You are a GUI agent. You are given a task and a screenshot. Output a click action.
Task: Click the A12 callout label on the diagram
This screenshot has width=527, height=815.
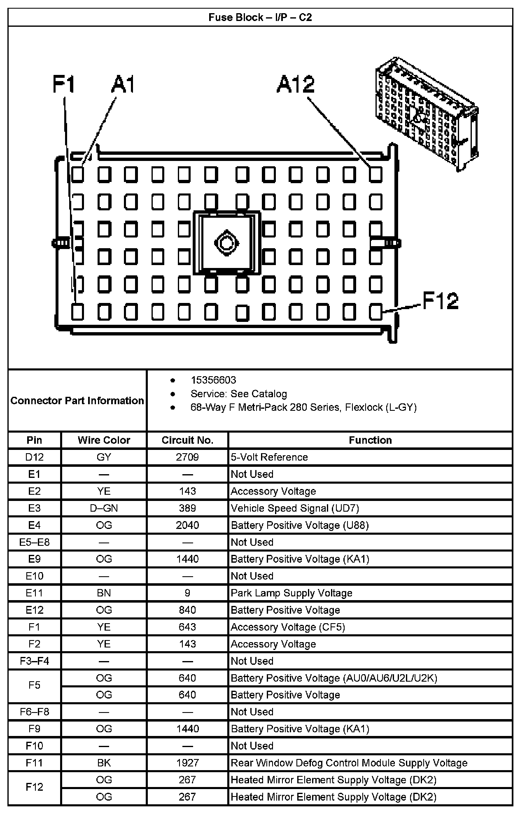coord(296,84)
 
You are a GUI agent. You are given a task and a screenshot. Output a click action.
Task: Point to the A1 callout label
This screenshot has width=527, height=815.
coord(123,84)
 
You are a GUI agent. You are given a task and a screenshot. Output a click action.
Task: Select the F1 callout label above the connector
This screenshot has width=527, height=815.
coord(64,84)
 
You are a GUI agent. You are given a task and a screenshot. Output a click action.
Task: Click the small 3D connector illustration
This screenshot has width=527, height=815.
coord(427,113)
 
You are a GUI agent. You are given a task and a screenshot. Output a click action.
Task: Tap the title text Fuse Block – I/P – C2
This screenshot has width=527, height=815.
coord(260,17)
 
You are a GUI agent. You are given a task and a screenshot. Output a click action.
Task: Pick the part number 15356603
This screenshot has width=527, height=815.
coord(213,380)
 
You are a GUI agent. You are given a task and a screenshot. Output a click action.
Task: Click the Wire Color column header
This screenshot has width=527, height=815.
coord(104,440)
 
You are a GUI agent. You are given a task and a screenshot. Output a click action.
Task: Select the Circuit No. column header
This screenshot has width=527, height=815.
coord(187,440)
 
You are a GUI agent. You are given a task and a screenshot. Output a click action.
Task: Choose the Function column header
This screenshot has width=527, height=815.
coord(370,440)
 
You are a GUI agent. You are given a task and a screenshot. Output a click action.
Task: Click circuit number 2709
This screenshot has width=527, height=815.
coord(187,457)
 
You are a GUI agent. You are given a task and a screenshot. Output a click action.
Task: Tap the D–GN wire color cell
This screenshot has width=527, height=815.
coord(104,508)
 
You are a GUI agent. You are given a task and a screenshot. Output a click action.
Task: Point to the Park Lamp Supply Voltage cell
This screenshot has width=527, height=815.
coord(291,593)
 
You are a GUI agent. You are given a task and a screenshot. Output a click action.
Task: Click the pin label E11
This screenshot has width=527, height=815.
coord(35,593)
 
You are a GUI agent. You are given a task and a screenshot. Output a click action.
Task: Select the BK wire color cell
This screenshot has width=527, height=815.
coord(104,763)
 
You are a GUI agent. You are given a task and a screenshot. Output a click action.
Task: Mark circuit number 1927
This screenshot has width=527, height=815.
coord(187,763)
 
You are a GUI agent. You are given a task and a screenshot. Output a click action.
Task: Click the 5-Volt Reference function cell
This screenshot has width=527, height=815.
coord(269,457)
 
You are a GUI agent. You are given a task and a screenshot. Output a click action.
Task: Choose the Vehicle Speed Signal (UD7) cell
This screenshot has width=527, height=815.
coord(295,508)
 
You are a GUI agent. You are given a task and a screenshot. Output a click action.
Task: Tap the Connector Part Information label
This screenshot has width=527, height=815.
coord(77,401)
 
